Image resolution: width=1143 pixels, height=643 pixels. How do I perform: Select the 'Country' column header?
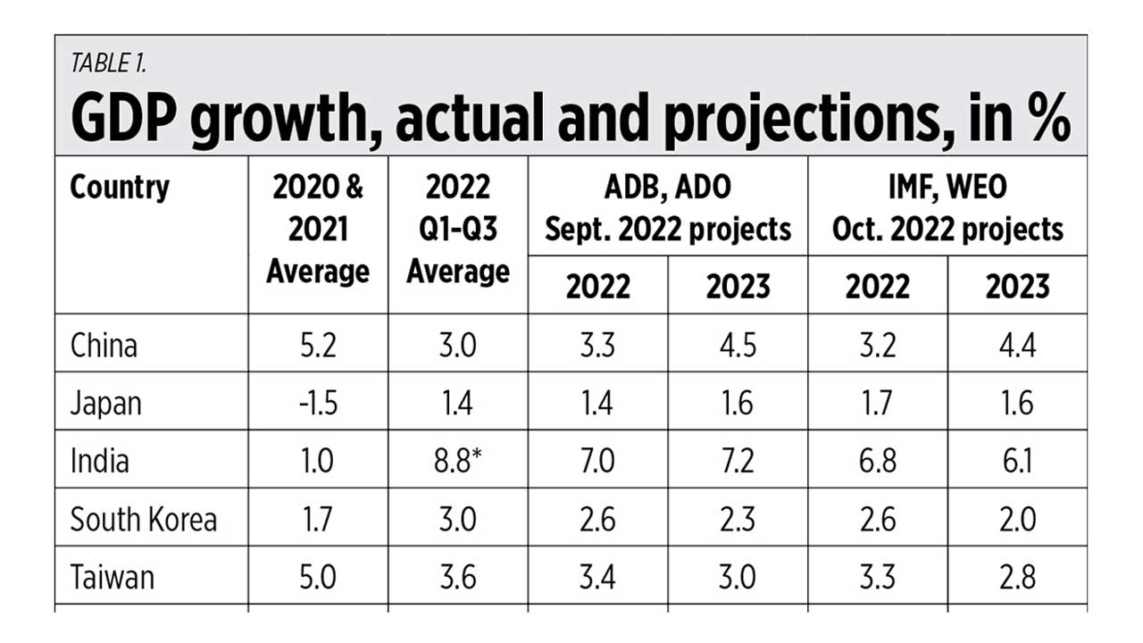(x=120, y=188)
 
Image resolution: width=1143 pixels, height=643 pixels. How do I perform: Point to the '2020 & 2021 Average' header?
(x=318, y=230)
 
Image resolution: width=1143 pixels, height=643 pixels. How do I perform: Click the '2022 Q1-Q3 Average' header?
(x=458, y=230)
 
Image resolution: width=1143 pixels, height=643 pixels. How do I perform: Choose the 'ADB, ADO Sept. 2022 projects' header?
(x=668, y=209)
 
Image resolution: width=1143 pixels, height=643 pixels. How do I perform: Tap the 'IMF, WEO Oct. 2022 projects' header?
(x=947, y=209)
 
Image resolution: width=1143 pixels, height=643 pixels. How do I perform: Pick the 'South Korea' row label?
(x=143, y=520)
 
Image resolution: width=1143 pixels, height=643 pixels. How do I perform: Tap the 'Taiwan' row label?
(x=112, y=578)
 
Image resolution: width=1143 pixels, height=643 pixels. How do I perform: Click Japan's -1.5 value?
(x=317, y=404)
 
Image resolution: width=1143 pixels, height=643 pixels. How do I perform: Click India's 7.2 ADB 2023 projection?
(x=738, y=462)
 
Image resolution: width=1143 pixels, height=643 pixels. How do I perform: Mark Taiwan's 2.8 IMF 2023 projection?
(x=1017, y=578)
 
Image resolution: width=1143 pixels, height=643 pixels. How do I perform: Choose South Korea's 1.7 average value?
(x=318, y=520)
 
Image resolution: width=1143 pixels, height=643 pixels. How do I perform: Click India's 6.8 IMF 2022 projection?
(x=877, y=462)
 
